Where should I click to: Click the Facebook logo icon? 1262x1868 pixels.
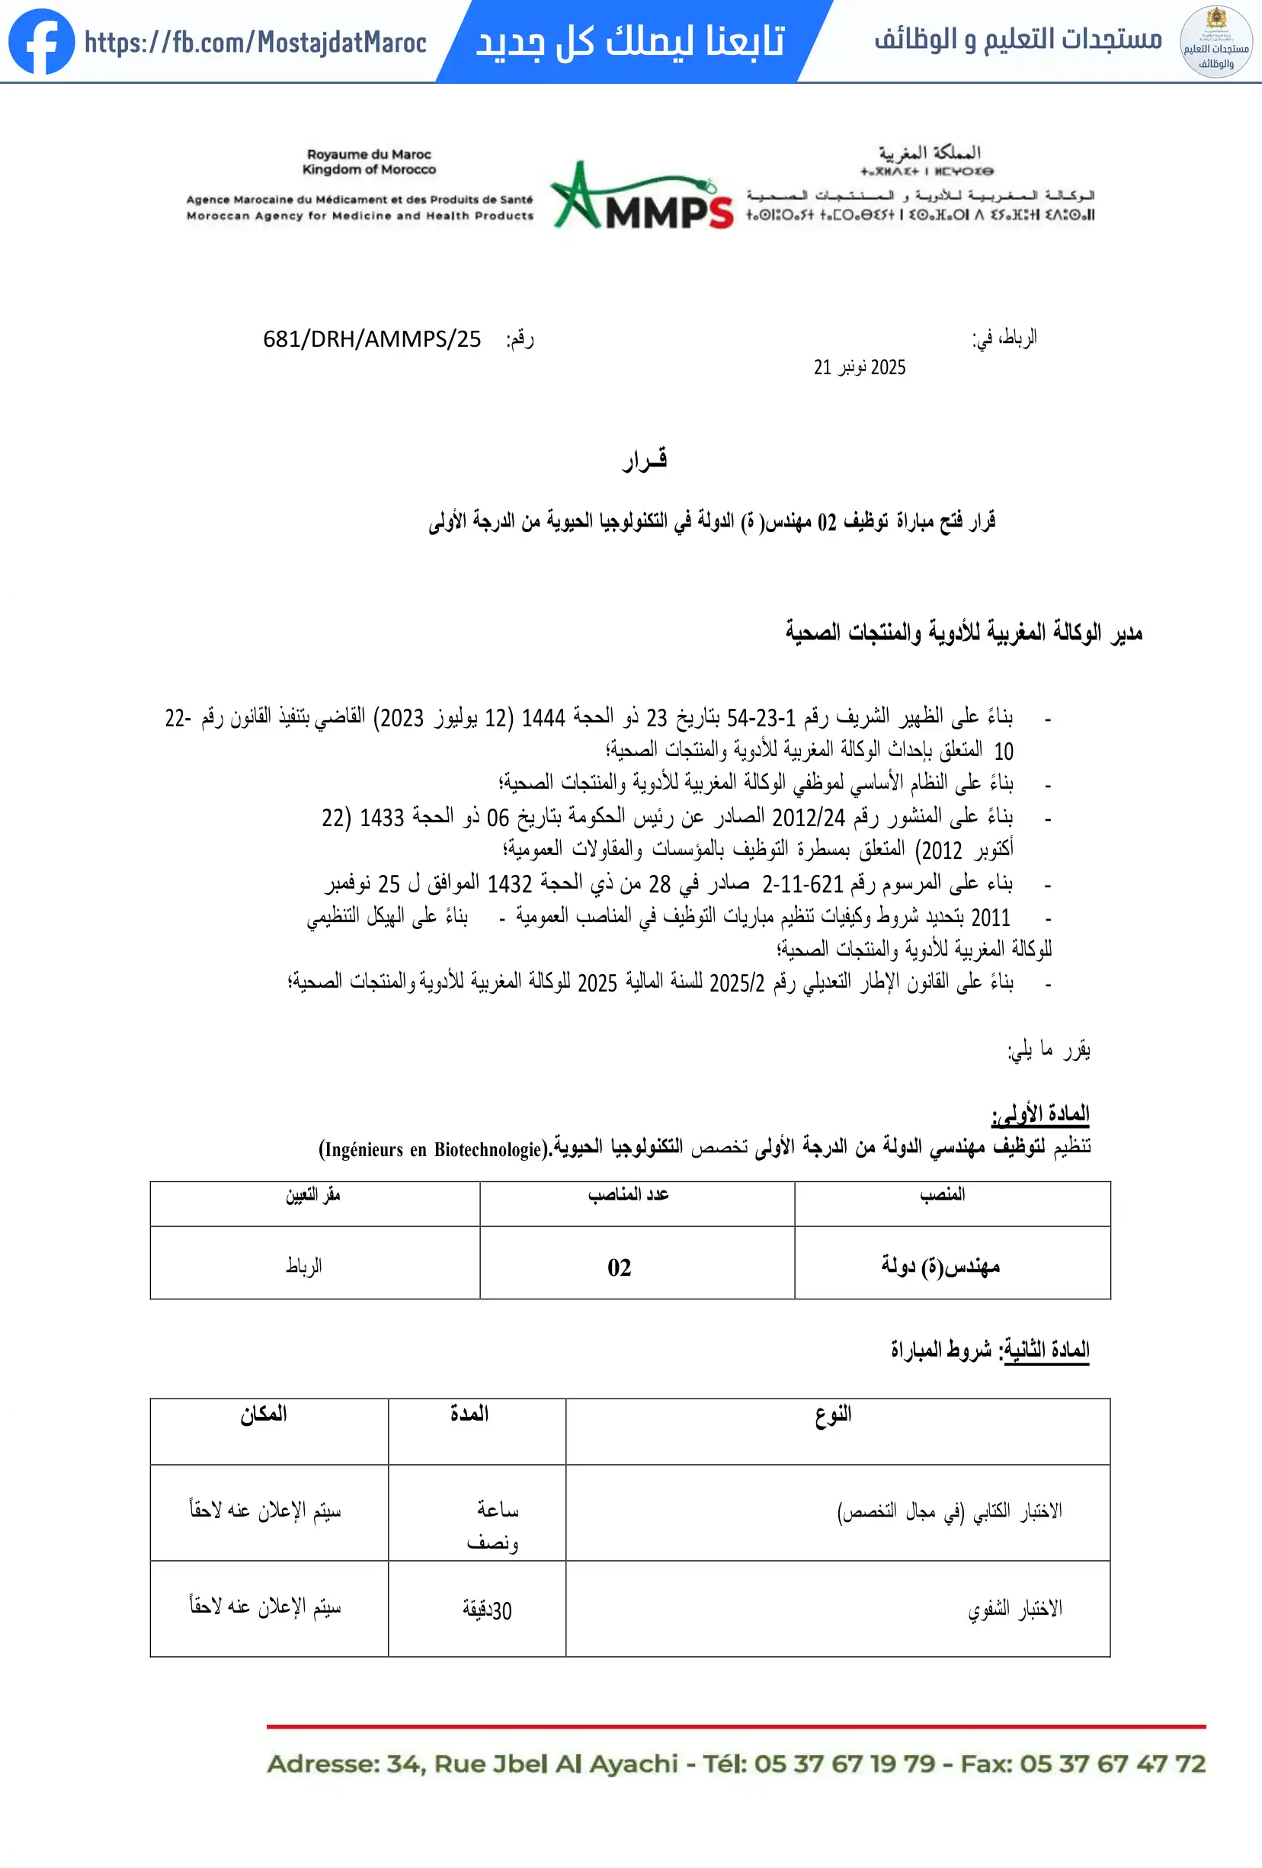[41, 42]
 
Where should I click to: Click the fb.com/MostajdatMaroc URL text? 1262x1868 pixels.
[255, 43]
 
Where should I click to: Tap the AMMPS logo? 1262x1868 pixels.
[642, 197]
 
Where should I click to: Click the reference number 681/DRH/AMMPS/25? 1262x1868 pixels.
[372, 339]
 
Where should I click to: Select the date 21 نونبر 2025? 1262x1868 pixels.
[860, 367]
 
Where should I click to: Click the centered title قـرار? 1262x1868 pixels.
[645, 459]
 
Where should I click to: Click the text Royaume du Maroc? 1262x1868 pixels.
[369, 154]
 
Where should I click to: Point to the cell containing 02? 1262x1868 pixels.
[619, 1267]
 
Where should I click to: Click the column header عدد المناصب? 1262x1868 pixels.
[628, 1194]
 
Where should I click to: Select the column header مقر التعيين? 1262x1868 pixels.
[313, 1195]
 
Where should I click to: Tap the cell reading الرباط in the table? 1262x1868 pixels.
[304, 1266]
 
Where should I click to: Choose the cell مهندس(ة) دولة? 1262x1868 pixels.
[940, 1266]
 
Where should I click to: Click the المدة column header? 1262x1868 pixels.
[469, 1414]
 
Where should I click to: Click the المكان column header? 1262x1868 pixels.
[264, 1415]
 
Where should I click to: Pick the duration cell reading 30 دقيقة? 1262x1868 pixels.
[487, 1610]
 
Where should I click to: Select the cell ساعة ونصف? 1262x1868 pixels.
[493, 1525]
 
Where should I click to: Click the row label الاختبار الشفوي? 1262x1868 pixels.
[1014, 1608]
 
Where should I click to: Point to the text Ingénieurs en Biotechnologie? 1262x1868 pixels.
[434, 1149]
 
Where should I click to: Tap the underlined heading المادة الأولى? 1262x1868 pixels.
[1040, 1113]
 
